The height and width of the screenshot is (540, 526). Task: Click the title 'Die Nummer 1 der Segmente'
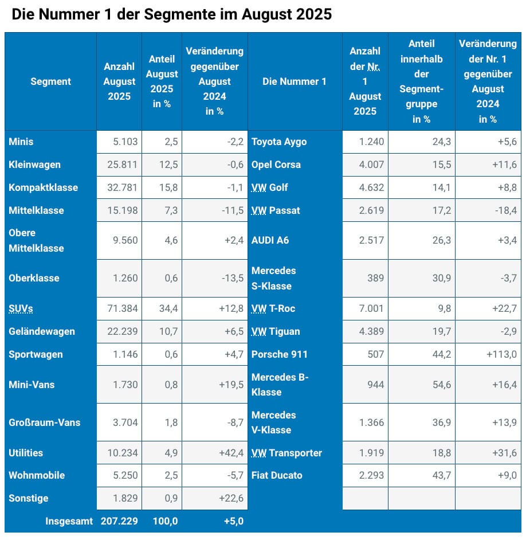click(171, 14)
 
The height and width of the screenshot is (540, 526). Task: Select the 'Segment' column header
click(50, 81)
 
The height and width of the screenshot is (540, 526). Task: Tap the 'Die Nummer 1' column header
click(295, 81)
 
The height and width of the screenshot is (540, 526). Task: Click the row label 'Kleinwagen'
click(34, 165)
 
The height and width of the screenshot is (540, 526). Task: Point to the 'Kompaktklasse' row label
click(43, 187)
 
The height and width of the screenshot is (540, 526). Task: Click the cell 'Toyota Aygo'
click(279, 142)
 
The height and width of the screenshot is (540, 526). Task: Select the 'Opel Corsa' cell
click(276, 165)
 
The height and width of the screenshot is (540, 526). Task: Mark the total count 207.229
click(119, 522)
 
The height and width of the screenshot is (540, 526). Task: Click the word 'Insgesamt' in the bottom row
click(69, 522)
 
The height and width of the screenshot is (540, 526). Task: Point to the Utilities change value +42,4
click(231, 453)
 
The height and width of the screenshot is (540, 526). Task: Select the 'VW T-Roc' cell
click(273, 308)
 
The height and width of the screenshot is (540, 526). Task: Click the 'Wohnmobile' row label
click(37, 475)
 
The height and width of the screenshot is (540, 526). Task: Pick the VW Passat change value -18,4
click(504, 210)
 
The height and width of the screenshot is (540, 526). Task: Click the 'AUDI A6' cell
click(270, 240)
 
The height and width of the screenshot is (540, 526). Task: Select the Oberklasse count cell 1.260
click(124, 278)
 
